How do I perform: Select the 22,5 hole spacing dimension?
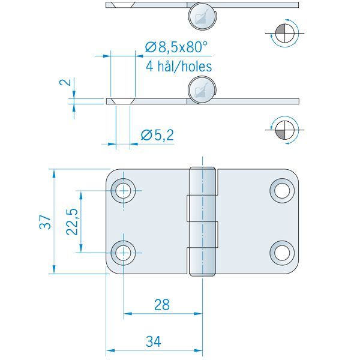tap(71, 222)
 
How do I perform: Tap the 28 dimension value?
tap(161, 305)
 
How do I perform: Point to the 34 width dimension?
tap(154, 342)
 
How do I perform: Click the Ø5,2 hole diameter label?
tap(157, 136)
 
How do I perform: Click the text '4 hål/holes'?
tap(179, 66)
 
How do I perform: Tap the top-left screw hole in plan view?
tap(124, 191)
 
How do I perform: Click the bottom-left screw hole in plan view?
tap(124, 252)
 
